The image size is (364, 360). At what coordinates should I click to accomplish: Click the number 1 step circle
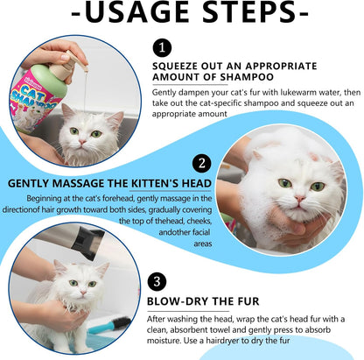[x=162, y=49]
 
